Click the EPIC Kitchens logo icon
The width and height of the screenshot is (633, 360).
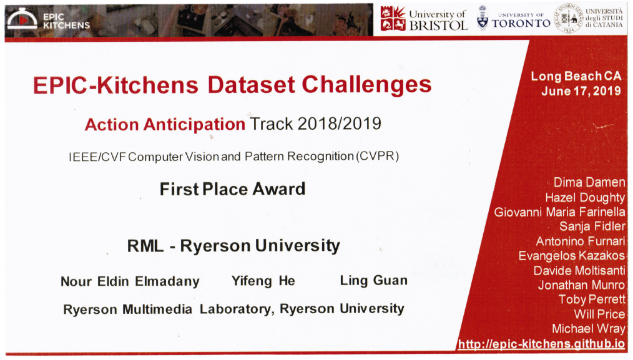tap(22, 18)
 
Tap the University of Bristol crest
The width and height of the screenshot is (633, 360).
tap(393, 19)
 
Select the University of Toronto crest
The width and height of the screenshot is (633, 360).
tap(483, 18)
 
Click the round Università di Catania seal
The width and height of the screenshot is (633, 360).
tap(569, 18)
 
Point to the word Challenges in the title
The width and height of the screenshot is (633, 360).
tap(366, 84)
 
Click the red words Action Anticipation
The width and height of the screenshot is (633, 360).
tap(165, 124)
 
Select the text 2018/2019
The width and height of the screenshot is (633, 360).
tap(339, 124)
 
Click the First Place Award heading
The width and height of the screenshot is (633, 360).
tap(232, 189)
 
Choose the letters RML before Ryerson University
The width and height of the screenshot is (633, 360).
tap(145, 246)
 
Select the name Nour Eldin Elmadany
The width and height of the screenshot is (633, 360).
tap(130, 281)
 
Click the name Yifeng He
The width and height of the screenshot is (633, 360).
tap(263, 281)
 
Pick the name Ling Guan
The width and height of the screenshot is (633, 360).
tap(373, 280)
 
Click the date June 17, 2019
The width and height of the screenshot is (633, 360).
tap(581, 91)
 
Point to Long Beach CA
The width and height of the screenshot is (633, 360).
tap(576, 76)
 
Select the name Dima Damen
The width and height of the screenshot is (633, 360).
tap(589, 182)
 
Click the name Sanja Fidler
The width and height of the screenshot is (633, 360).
tap(592, 226)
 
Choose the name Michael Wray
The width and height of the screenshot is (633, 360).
tap(589, 329)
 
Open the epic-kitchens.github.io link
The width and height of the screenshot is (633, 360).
tap(541, 344)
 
